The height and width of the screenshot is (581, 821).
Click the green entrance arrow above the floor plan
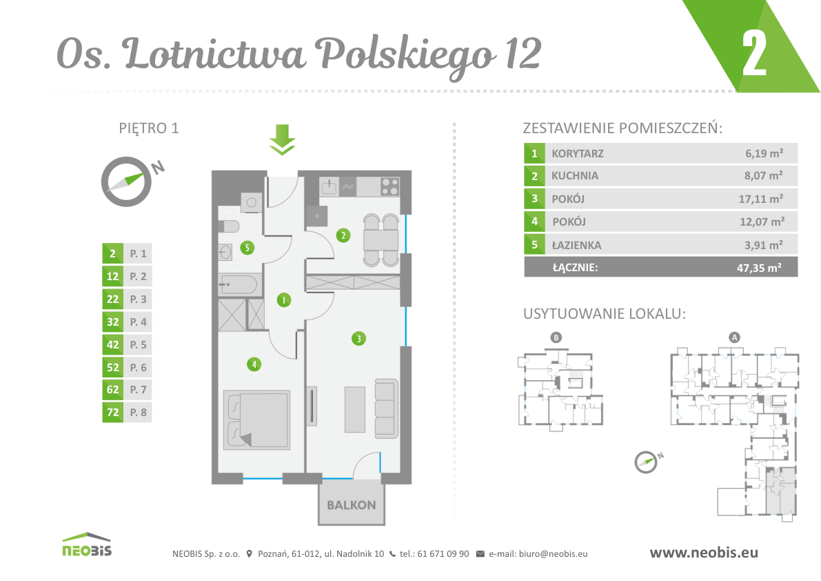tap(282, 139)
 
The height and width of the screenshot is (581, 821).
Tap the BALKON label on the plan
tap(352, 505)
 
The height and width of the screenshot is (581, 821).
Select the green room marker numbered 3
tap(358, 338)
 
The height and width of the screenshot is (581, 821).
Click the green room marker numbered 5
tap(247, 247)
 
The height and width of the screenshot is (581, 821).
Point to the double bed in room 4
tap(256, 420)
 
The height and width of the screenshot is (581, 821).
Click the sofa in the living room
tap(386, 409)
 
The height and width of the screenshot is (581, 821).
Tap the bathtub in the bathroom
tap(239, 284)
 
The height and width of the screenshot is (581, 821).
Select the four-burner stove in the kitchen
tap(389, 186)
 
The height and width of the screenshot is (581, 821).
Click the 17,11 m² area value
tap(761, 199)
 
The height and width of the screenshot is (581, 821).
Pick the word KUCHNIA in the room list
tap(574, 176)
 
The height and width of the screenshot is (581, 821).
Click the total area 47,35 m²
tap(759, 268)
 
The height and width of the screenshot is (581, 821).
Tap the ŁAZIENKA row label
tap(576, 245)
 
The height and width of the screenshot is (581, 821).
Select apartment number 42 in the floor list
tap(112, 345)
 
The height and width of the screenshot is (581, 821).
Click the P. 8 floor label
tap(139, 413)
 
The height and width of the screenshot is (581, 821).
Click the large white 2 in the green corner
tap(755, 53)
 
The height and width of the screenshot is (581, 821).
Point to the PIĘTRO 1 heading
tap(149, 128)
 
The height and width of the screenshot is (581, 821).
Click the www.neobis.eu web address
tap(704, 553)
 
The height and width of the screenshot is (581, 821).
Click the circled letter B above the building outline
tap(556, 337)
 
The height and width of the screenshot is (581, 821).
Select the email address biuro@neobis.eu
tap(553, 554)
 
